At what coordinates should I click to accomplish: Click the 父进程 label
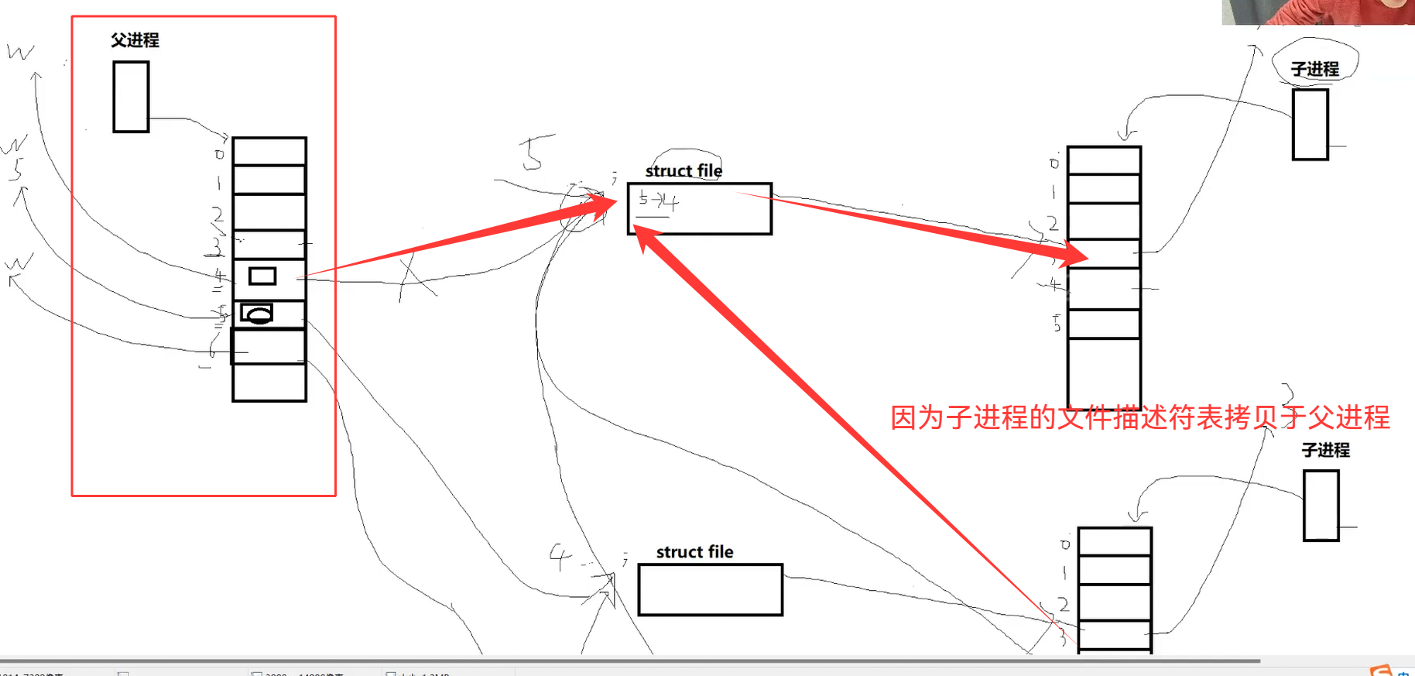(135, 40)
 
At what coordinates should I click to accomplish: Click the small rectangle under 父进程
(131, 97)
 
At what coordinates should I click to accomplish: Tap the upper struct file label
(684, 170)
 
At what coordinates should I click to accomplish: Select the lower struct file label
(694, 551)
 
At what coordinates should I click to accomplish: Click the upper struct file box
(699, 209)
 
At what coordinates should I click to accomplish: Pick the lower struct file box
(710, 590)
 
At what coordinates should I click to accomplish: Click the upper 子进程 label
(1314, 69)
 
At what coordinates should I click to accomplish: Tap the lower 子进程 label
(1325, 450)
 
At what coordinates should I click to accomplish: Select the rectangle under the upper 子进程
(1310, 125)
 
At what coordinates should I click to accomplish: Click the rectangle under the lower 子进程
(1321, 506)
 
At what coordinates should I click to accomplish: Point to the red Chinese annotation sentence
(1139, 417)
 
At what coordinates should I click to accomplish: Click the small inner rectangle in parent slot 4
(262, 276)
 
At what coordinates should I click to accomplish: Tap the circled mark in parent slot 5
(257, 314)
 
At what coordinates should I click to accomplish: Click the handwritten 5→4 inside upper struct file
(658, 201)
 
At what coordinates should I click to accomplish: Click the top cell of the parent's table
(269, 152)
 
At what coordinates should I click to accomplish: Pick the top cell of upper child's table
(1104, 161)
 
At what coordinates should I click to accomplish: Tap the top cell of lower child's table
(1115, 542)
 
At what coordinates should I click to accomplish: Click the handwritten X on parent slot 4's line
(416, 279)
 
